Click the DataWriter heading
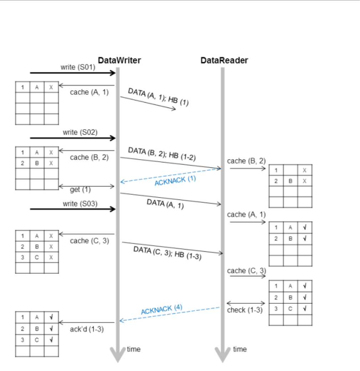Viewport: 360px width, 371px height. tap(119, 61)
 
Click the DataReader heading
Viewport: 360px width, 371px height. tap(224, 61)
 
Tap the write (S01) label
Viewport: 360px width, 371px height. tap(77, 67)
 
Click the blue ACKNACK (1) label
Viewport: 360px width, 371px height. tap(175, 181)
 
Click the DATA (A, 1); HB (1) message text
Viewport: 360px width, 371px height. tap(158, 97)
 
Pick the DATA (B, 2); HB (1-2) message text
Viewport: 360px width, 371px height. tap(162, 154)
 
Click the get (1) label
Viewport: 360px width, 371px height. tap(80, 190)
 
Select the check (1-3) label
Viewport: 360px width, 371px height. tap(245, 310)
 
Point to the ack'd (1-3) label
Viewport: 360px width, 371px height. tap(87, 329)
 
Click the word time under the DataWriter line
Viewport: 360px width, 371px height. tap(134, 349)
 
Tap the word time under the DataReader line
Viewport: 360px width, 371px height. tap(240, 349)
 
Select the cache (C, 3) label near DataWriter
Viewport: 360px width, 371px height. tap(89, 241)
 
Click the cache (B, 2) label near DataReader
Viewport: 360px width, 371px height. tap(246, 161)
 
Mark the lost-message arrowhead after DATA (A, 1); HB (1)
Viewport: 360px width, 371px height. tap(174, 109)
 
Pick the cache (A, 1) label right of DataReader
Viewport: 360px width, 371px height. tap(246, 215)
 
